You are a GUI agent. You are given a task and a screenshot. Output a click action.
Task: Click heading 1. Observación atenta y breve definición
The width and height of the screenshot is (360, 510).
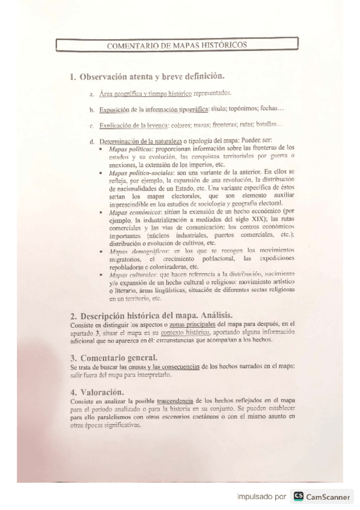(x=147, y=76)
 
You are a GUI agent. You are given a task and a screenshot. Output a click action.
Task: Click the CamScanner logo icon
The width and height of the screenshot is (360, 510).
(x=299, y=496)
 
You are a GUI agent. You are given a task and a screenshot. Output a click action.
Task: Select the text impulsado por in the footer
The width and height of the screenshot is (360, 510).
(x=261, y=496)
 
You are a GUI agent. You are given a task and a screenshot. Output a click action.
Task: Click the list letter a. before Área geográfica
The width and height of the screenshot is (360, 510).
(x=91, y=94)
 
